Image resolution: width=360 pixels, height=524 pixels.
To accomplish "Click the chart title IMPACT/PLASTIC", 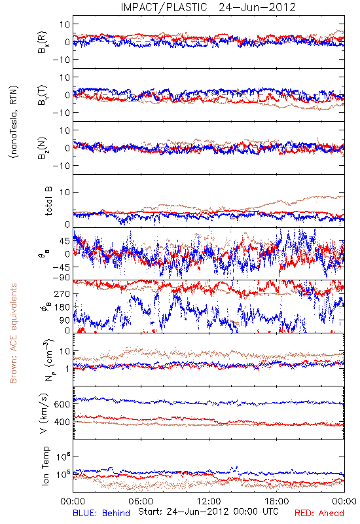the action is pos(164,7).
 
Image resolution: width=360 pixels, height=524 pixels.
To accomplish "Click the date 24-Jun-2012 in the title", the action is pos(257,7).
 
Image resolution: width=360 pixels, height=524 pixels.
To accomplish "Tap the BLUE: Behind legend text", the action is pos(101,513).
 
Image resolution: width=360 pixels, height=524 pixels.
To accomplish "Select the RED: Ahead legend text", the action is pos(319,513).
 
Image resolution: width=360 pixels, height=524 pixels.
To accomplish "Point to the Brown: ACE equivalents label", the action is pos(13,333).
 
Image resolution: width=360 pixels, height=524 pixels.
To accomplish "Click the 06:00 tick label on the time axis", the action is pos(141,501).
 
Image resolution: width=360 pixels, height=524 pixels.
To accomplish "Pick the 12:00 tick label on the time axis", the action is pos(209,501).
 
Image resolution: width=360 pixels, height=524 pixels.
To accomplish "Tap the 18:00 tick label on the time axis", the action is pos(277,501).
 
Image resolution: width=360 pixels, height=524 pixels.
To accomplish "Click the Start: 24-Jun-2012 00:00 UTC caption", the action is pos(208,512).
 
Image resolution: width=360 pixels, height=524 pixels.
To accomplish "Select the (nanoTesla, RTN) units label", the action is pos(14,122).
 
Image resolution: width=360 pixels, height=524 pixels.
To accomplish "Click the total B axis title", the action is pos(48,201).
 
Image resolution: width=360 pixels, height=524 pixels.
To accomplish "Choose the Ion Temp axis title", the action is pos(45,466).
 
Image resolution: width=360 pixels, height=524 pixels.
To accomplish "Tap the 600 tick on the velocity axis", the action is pos(62,404).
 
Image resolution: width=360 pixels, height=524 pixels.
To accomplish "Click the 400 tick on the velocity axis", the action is pos(62,422).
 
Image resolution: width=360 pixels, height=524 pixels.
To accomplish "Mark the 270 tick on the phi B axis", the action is pos(62,293).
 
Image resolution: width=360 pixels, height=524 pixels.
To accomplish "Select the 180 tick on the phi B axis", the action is pos(62,307).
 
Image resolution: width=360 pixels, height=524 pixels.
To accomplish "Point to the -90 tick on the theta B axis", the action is pos(61,278).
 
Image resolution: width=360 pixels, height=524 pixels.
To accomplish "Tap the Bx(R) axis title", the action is pos(43,43).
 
